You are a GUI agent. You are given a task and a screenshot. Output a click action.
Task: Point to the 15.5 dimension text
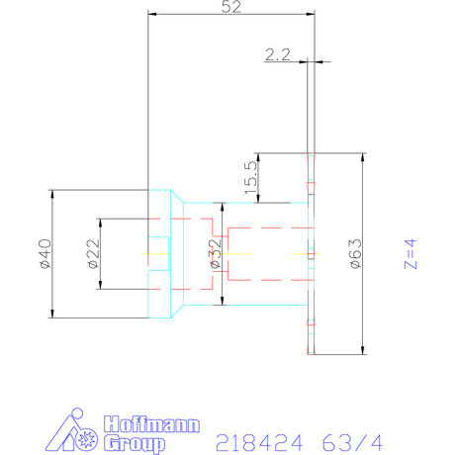pos(250,178)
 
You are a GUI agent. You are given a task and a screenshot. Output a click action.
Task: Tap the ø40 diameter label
pos(43,253)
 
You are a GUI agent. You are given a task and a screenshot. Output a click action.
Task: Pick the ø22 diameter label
pos(92,253)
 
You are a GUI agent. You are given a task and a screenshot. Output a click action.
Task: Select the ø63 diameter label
pos(355,253)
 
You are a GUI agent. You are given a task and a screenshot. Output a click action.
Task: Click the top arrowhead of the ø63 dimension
pos(364,156)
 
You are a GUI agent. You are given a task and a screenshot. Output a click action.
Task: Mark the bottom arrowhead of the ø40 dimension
pos(51,315)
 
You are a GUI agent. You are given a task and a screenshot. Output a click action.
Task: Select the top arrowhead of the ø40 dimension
pos(51,192)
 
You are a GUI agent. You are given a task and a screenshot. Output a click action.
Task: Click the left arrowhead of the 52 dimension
pos(151,15)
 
